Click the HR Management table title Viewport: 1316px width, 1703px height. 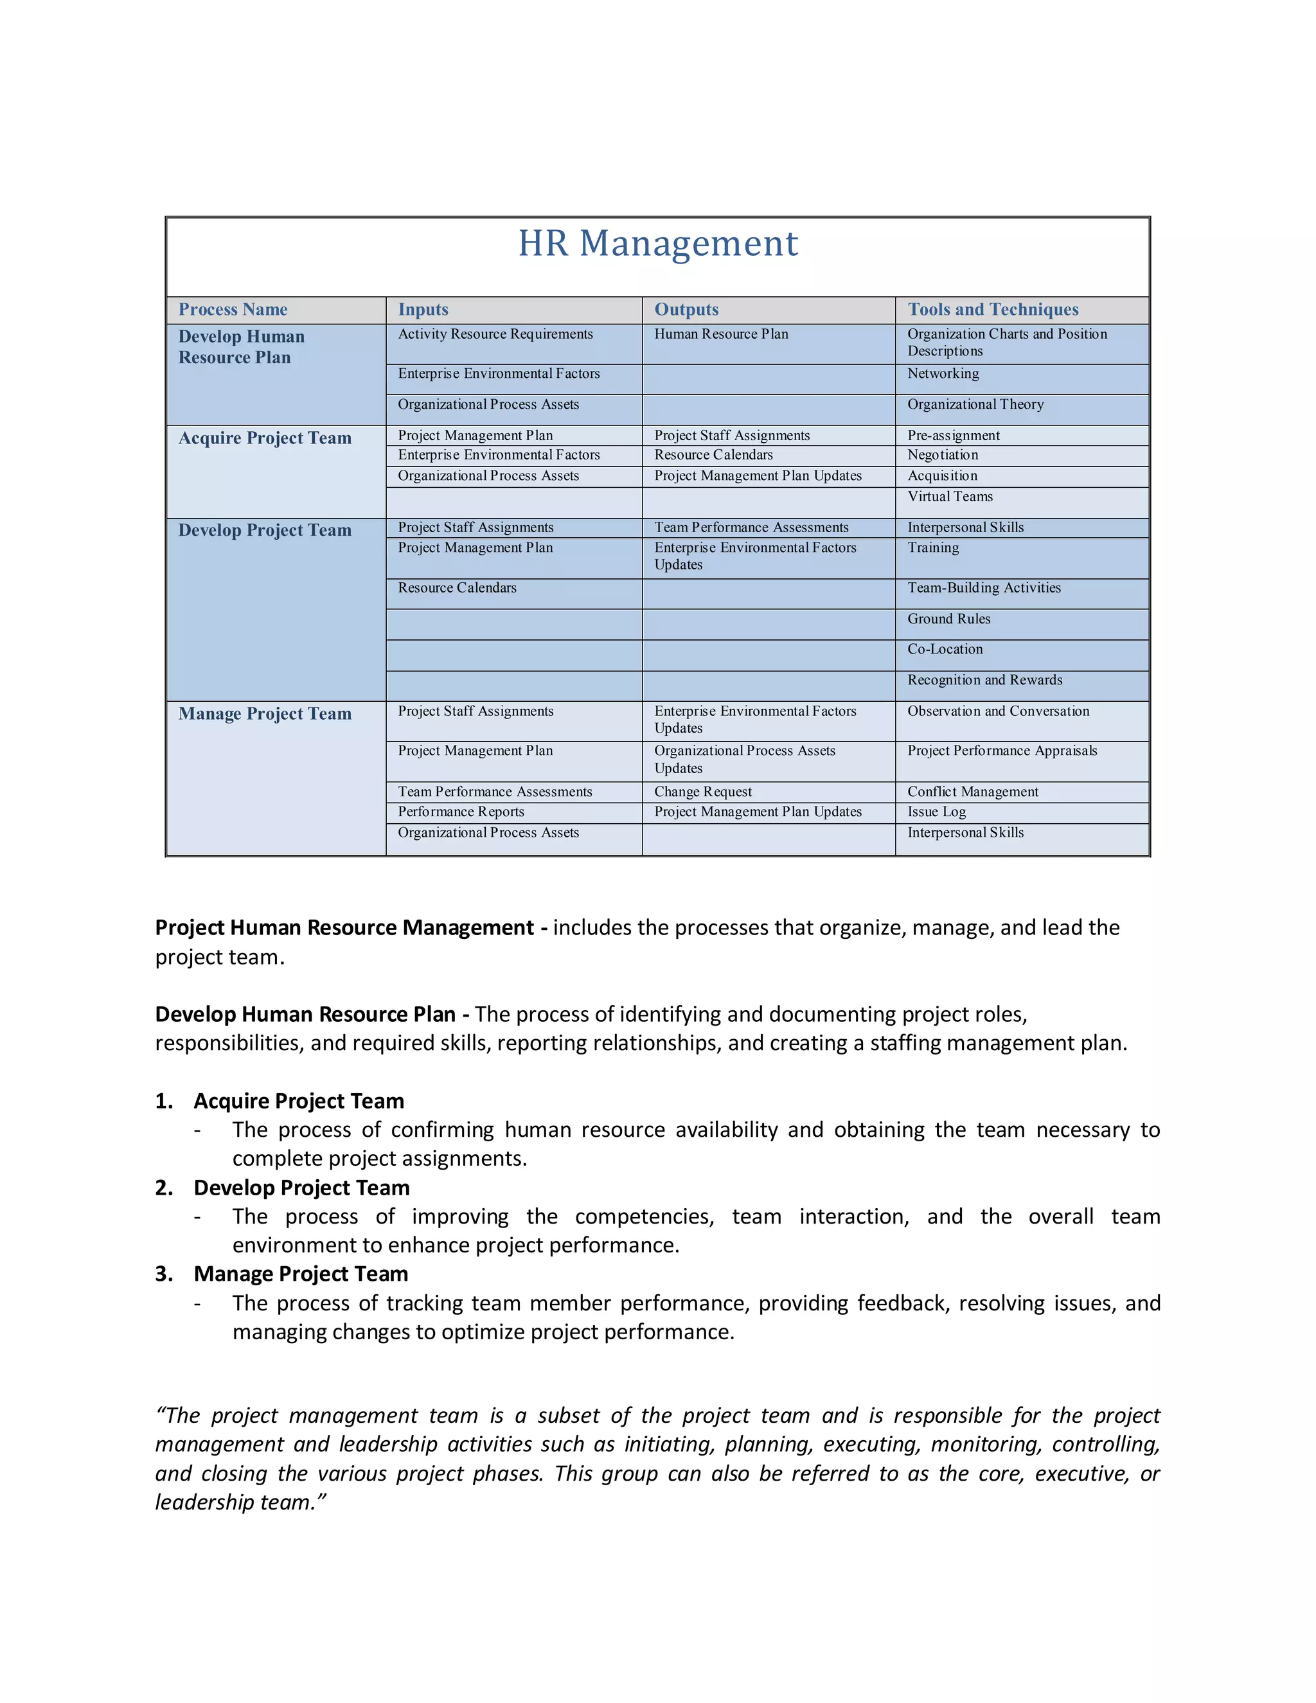click(658, 244)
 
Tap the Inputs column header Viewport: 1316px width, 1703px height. click(423, 310)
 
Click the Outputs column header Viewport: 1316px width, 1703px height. click(686, 310)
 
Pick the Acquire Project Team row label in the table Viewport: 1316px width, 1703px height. click(265, 438)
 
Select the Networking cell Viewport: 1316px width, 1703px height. click(943, 373)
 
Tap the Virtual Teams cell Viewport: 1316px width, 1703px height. click(950, 497)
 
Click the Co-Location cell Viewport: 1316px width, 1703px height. click(945, 650)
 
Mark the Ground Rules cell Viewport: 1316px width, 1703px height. click(949, 619)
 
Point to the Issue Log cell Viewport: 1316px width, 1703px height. click(936, 812)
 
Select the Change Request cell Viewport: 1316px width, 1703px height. click(703, 792)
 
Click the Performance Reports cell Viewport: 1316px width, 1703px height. click(461, 812)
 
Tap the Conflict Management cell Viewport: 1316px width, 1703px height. click(972, 792)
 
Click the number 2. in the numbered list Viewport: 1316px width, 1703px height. click(164, 1188)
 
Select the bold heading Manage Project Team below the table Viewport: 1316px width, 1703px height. click(301, 1274)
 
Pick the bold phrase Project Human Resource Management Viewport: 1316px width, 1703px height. click(344, 928)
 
